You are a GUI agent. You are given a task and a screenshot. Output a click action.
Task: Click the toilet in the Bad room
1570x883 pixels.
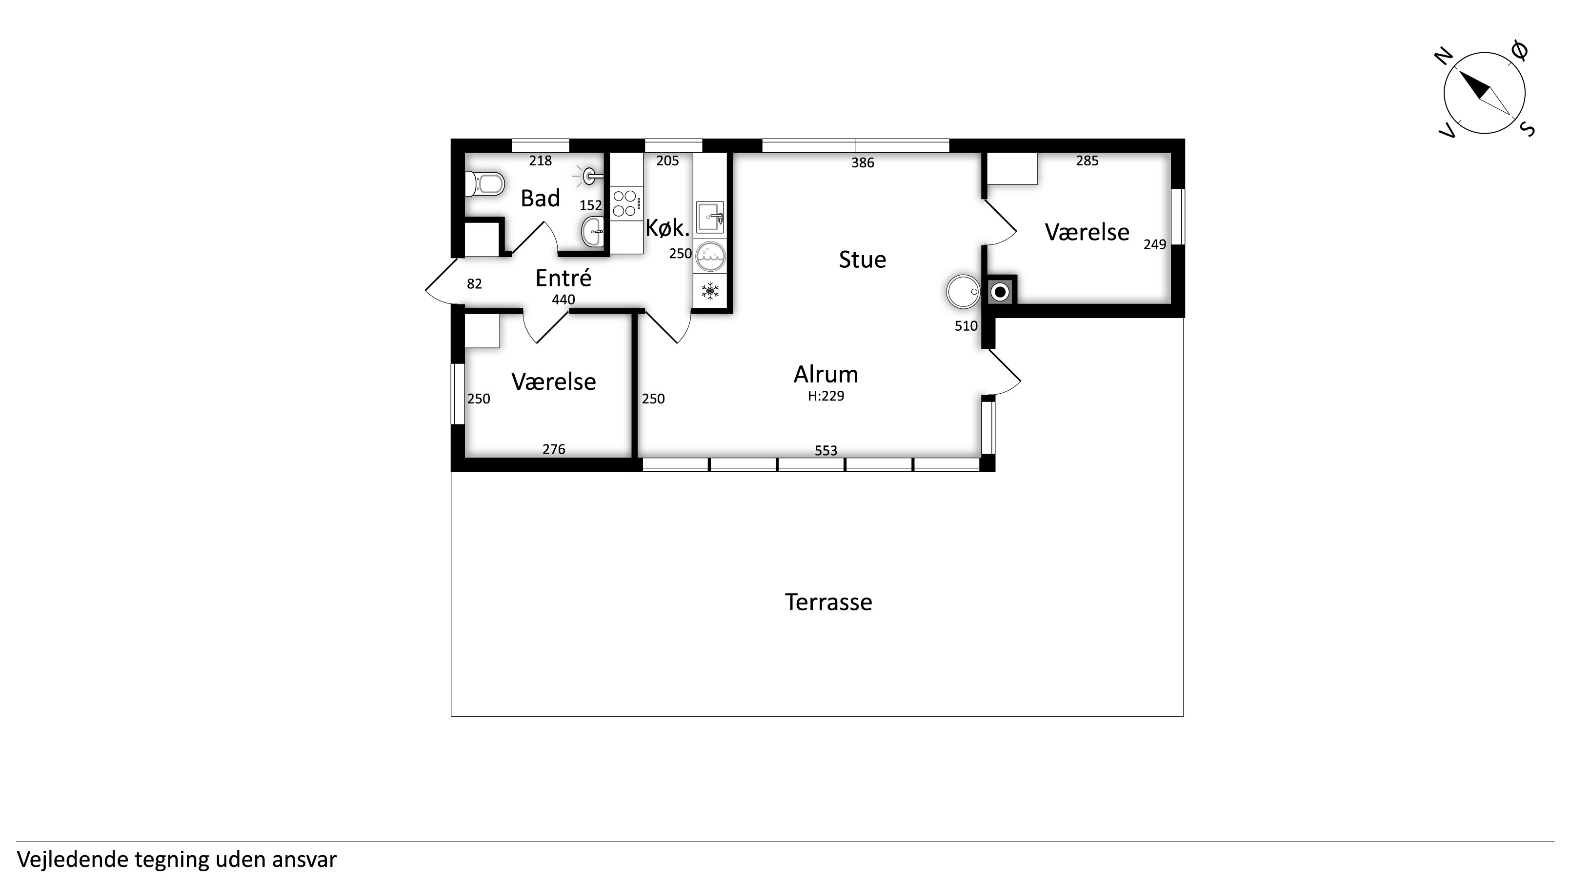click(485, 183)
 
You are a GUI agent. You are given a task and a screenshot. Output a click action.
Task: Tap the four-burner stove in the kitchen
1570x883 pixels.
click(626, 203)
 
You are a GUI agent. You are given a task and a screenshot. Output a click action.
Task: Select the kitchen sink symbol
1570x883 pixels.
click(710, 217)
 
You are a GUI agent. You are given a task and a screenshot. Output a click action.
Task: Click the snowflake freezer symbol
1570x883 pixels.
click(710, 291)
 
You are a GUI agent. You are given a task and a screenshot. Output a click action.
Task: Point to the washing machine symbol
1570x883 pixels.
click(710, 257)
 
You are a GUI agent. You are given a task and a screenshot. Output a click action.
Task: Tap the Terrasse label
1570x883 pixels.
click(828, 602)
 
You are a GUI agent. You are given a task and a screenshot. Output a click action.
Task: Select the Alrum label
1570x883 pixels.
click(826, 374)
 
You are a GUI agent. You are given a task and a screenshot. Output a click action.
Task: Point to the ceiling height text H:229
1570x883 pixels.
click(826, 396)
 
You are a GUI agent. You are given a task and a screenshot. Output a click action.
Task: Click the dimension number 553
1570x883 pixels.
click(826, 450)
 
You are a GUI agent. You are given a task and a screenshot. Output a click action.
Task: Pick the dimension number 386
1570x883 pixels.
click(863, 163)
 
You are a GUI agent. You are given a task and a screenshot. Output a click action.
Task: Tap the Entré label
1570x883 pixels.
click(563, 278)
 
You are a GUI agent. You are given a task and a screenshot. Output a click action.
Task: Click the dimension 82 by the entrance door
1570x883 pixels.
click(474, 284)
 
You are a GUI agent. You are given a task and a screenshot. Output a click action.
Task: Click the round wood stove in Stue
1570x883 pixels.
click(963, 291)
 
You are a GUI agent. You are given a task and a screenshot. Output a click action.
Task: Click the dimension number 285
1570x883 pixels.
click(1087, 161)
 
